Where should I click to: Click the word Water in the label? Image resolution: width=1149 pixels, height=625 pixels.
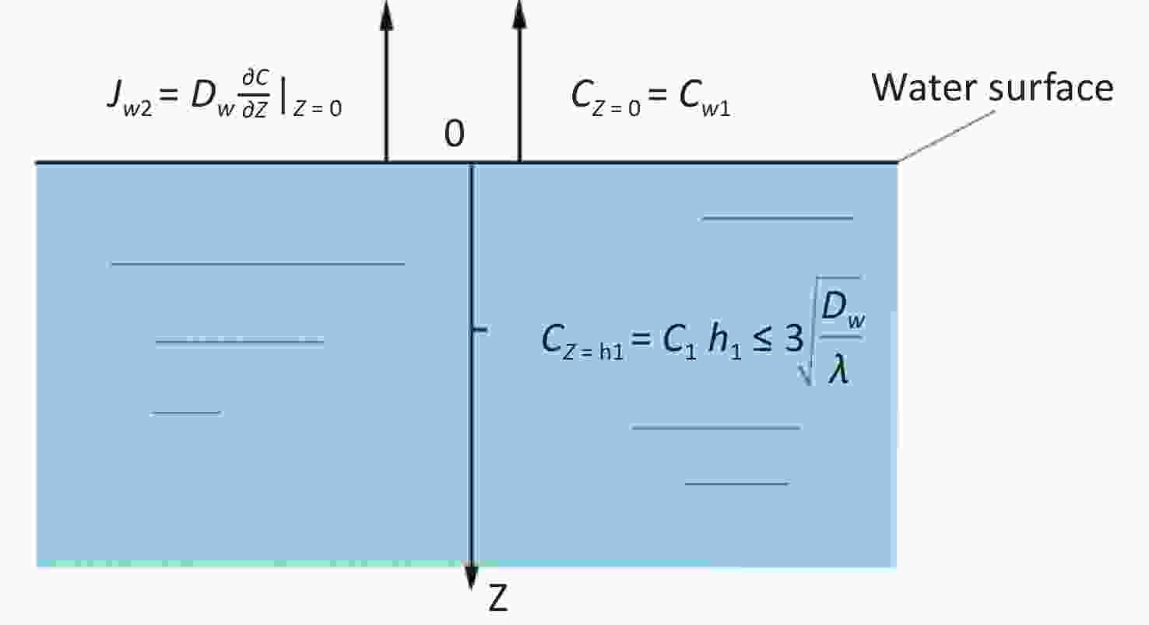pos(924,88)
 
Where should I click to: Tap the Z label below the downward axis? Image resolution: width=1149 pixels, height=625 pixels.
pos(497,598)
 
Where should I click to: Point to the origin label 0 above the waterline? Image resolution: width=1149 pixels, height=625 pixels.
pos(455,133)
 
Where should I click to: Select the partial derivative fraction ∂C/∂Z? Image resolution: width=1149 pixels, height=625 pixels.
pos(255,94)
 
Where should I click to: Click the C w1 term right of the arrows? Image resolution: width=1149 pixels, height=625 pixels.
pos(705,98)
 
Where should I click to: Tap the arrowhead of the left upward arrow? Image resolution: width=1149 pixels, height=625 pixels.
pos(387,16)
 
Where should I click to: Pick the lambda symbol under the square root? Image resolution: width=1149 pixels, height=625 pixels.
pos(839,369)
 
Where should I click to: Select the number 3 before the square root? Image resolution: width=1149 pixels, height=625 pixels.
pos(793,339)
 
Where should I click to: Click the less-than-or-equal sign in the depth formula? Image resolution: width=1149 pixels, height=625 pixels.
pos(762,340)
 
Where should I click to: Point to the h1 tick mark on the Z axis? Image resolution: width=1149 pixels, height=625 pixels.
pos(480,330)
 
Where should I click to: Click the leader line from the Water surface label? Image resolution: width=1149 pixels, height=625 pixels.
pos(947,136)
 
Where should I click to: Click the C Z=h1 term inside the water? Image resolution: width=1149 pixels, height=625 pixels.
pos(582,340)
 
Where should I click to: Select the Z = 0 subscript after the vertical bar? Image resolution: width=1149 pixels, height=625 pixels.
pos(317,108)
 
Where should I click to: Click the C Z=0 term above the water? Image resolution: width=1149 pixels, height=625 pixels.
pos(606,98)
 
